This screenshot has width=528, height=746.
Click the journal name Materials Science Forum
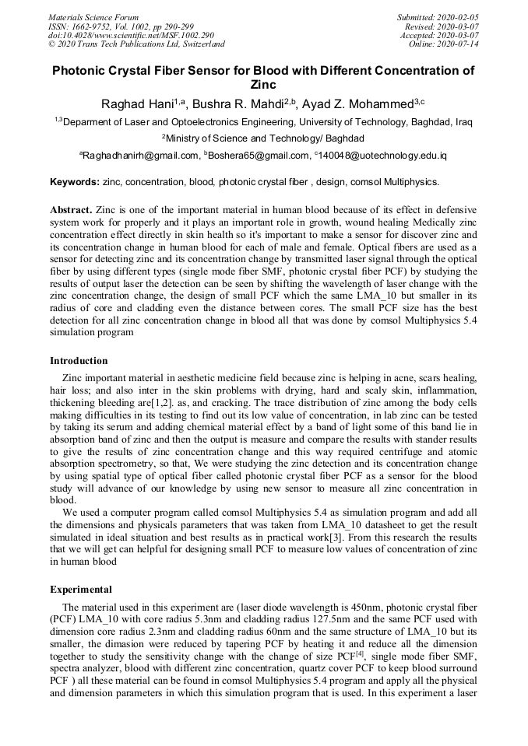point(93,17)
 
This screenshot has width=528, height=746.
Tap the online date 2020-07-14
point(457,44)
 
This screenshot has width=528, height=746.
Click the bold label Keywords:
point(75,182)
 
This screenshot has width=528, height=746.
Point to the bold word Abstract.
point(71,210)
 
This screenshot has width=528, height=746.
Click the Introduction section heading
point(79,361)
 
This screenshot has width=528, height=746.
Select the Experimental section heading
point(80,589)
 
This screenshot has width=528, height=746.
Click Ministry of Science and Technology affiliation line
point(263,138)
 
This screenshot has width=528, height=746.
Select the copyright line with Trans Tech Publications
point(136,44)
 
